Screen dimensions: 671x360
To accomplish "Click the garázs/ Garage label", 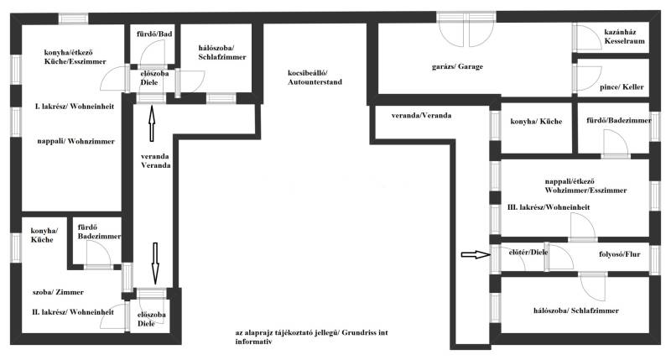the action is (457, 67).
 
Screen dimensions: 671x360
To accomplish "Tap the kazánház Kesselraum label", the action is (624, 36).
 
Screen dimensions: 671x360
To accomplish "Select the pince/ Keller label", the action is (622, 87).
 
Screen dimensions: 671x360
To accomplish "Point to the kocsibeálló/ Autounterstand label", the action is (315, 77).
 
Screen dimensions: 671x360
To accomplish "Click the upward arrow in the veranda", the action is (152, 123).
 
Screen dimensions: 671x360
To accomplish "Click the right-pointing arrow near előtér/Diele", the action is (476, 255).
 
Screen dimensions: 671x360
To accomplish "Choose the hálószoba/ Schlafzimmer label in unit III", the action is (576, 310).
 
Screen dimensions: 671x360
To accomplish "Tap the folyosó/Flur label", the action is (620, 254).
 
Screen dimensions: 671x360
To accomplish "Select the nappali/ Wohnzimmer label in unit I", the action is (75, 141).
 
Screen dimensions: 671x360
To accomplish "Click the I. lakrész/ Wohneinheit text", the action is (75, 107).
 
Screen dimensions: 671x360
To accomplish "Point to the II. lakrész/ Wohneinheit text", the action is (73, 312).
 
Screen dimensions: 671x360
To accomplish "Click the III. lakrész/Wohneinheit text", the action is (549, 207).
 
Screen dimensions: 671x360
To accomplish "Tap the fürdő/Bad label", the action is (154, 34).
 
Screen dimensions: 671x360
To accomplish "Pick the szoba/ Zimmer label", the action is (58, 292).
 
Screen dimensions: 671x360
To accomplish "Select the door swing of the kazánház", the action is (588, 37).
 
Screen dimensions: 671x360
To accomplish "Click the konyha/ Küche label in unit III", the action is (536, 122).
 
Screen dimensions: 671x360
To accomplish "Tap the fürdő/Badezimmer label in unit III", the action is (619, 120).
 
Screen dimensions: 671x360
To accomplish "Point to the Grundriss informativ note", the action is (311, 337).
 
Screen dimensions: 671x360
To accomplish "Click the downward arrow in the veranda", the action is (155, 263).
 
